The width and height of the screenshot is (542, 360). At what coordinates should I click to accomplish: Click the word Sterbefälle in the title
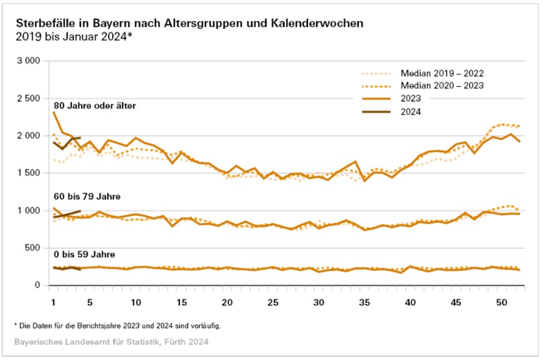point(43,23)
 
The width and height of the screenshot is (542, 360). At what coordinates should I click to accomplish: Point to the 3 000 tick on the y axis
point(29,61)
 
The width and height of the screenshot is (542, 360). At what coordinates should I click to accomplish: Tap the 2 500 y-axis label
point(29,99)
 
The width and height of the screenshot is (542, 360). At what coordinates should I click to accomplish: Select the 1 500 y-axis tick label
point(29,173)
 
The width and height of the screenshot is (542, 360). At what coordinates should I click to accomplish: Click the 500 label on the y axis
point(34,248)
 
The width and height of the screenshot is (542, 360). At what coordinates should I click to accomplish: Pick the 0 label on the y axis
point(39,285)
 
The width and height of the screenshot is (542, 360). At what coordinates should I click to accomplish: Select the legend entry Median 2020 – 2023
point(442,86)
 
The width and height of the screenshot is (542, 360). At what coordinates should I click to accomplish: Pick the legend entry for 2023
point(411,99)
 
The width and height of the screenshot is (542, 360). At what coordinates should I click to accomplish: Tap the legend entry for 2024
point(411,112)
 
